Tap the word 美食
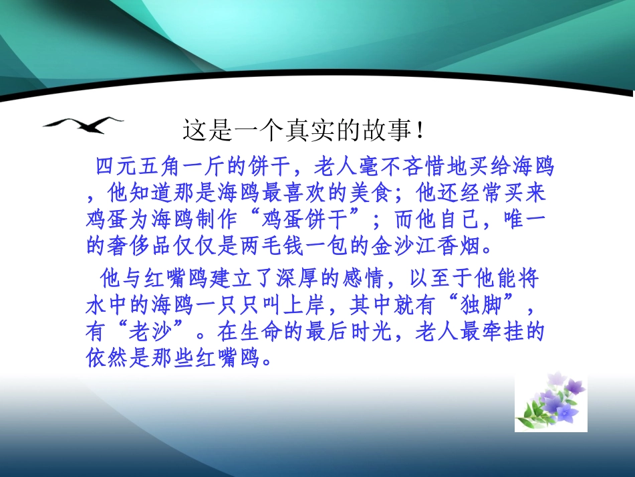point(381,193)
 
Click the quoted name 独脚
point(480,306)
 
